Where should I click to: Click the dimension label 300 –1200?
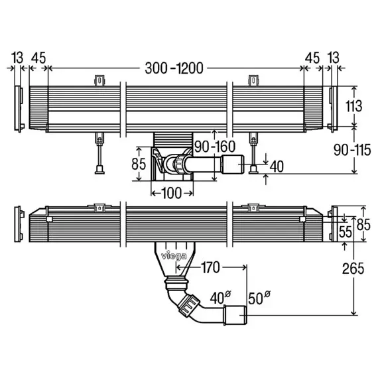[174, 68]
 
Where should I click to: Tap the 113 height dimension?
[353, 106]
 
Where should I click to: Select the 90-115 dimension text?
[352, 150]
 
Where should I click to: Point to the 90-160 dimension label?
[215, 147]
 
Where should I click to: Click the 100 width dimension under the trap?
[171, 193]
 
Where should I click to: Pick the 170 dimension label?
[210, 267]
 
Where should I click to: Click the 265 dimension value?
[353, 269]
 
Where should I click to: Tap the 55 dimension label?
[346, 232]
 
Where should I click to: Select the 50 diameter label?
[259, 298]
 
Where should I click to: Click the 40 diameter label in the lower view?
[221, 298]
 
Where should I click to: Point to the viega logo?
[174, 256]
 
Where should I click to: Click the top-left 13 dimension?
[17, 58]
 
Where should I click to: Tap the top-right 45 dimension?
[312, 58]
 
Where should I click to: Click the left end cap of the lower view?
[19, 224]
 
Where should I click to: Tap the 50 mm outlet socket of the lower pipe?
[235, 315]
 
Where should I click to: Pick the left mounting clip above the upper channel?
[99, 80]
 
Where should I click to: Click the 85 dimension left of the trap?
[139, 164]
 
